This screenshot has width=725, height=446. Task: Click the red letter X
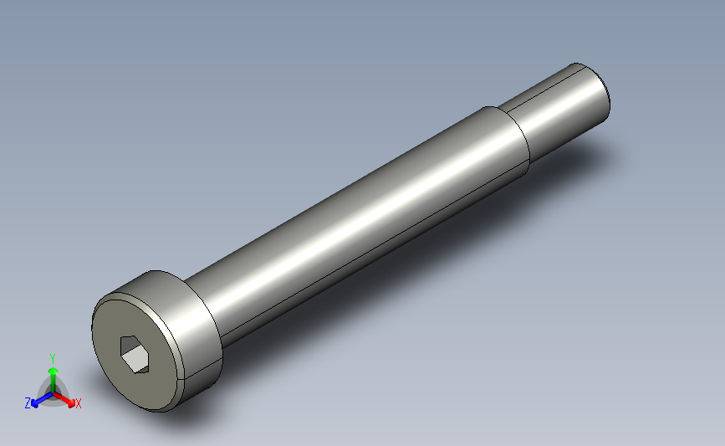point(79,404)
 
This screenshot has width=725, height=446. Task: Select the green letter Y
point(52,359)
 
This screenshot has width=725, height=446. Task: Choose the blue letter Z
point(28,403)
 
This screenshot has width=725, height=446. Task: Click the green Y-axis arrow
point(52,374)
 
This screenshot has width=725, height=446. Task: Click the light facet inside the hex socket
point(131,361)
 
